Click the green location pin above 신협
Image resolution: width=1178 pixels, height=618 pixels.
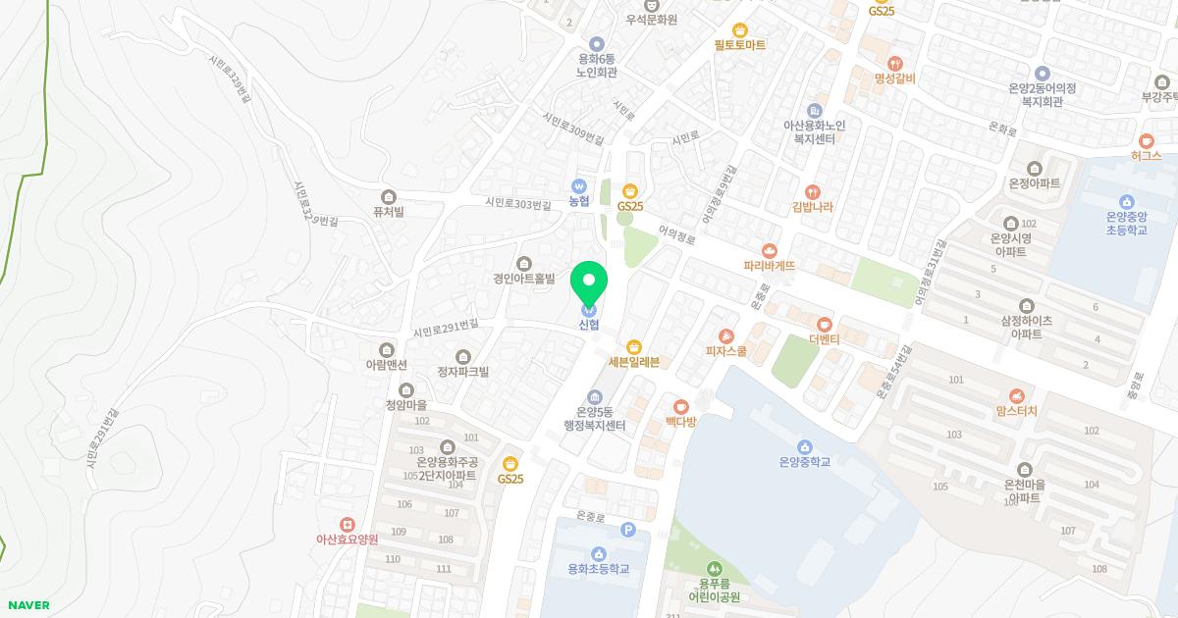(x=589, y=284)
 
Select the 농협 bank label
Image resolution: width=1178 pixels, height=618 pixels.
(x=578, y=201)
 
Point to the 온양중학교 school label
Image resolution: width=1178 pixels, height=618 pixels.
(x=804, y=461)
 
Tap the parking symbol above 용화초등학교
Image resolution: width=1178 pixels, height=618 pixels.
(x=628, y=531)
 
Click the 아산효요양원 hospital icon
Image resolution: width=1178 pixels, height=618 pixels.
(x=347, y=524)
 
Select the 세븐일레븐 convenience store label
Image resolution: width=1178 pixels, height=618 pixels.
(x=633, y=362)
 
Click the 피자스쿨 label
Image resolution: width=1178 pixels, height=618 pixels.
(x=726, y=350)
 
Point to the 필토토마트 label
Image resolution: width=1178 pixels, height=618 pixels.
(x=739, y=45)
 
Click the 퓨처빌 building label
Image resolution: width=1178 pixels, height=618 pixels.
(x=389, y=211)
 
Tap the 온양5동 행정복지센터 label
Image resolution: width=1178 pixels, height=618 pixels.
(x=595, y=418)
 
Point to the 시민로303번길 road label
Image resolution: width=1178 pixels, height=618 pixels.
(x=520, y=203)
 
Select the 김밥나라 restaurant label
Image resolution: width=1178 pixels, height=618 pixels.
(x=812, y=207)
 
